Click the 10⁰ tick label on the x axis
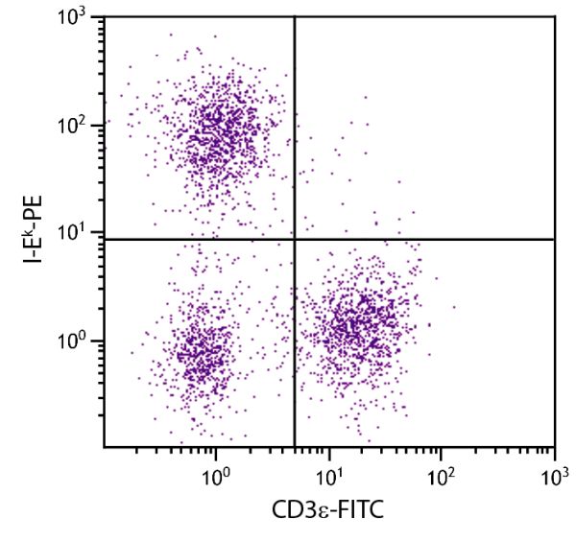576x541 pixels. (217, 475)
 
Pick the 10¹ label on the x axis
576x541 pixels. (329, 475)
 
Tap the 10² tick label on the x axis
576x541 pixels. (443, 475)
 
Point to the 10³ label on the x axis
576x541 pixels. (555, 475)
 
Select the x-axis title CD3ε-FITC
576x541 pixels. (327, 512)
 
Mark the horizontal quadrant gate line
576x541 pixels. (432, 239)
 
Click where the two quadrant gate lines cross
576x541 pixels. (294, 239)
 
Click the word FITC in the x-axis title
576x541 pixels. (360, 512)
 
